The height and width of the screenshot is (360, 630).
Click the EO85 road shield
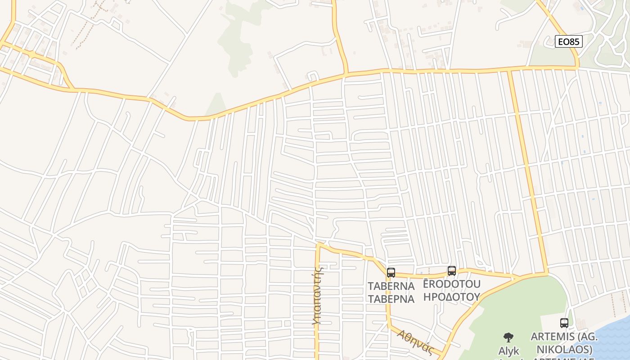[x=569, y=42]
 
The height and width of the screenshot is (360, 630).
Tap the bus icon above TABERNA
[x=391, y=272]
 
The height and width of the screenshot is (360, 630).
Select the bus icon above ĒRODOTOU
[x=452, y=270]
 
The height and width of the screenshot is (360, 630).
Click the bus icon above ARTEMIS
[x=564, y=323]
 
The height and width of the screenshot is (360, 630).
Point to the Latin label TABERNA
[x=391, y=286]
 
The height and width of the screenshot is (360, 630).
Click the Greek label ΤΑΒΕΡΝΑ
[x=391, y=299]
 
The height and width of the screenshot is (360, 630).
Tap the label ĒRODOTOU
[x=452, y=284]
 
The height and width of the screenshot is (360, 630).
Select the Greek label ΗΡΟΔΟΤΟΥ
[x=452, y=297]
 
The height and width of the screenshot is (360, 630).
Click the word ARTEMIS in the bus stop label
[x=553, y=337]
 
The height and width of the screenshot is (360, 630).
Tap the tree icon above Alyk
[x=508, y=337]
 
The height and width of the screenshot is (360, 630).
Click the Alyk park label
[x=508, y=351]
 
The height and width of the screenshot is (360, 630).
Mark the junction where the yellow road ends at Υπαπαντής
[x=318, y=246]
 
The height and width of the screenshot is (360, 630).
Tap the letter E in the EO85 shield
[x=561, y=42]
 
